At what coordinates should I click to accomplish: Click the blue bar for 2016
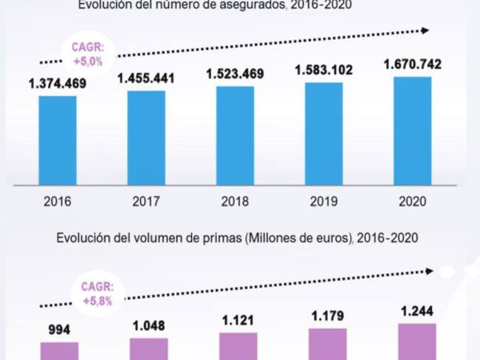click(x=58, y=140)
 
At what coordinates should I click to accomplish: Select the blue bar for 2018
click(x=235, y=135)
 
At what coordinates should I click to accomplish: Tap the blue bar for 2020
click(x=412, y=130)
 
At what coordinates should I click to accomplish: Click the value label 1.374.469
click(x=58, y=84)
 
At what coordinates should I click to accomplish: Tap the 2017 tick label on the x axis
click(x=146, y=200)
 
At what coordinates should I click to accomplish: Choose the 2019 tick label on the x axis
click(x=323, y=200)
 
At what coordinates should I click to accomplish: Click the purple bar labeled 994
click(x=59, y=350)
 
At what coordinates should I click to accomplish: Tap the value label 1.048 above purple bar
click(x=148, y=325)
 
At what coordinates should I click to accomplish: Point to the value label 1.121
click(x=238, y=320)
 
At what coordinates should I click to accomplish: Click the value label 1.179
click(x=327, y=316)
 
